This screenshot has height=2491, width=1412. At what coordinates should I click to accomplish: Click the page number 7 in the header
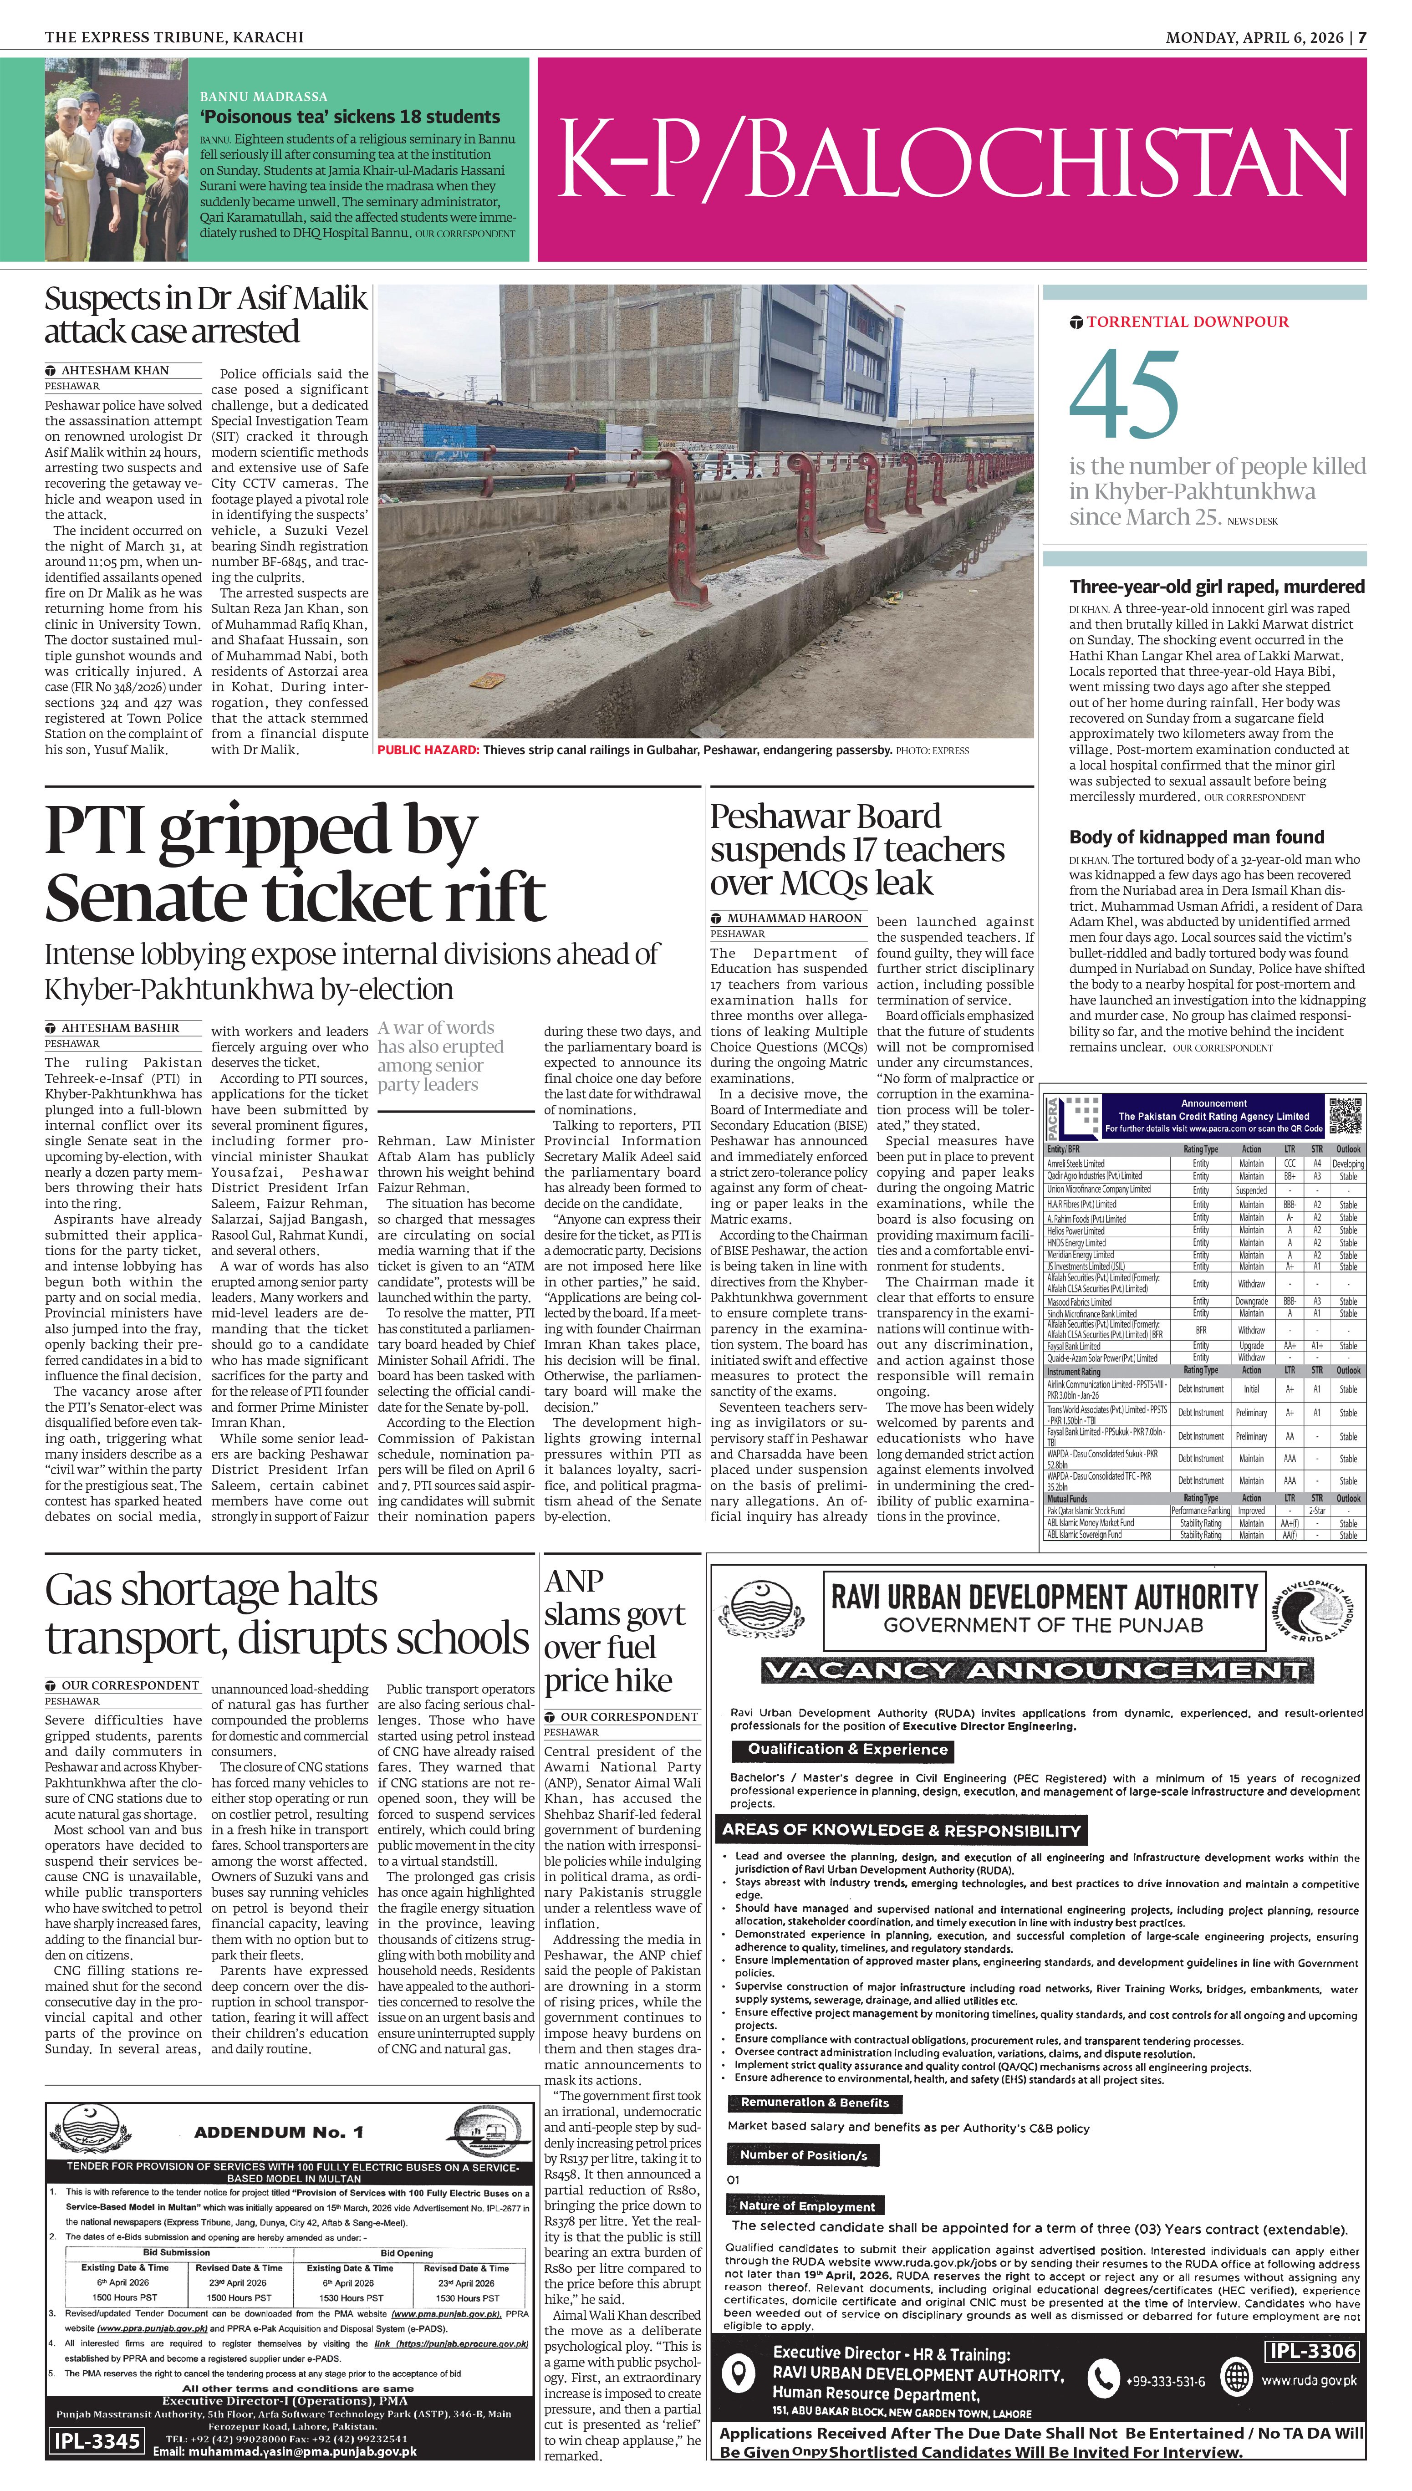pos(1361,37)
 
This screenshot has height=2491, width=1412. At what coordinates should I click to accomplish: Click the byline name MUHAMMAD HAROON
pos(794,917)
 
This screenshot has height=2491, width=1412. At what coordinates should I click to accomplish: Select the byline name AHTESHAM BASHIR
pos(120,1028)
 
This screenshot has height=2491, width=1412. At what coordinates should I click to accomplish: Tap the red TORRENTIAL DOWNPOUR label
pos(1187,322)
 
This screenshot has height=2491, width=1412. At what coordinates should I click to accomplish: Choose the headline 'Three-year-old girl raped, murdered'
pos(1216,587)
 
